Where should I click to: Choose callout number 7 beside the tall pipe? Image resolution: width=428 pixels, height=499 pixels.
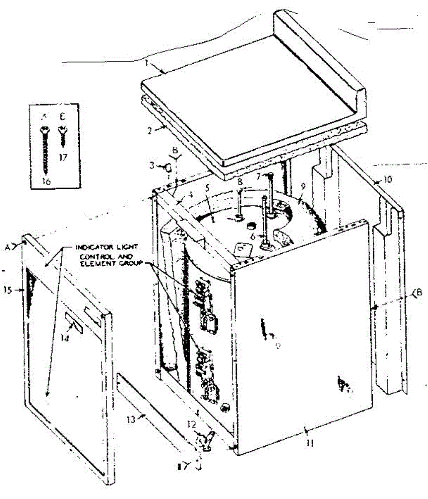tap(259, 177)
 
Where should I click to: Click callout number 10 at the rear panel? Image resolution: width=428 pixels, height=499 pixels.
tap(387, 180)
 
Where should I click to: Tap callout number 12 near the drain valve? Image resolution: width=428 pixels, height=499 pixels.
tap(191, 425)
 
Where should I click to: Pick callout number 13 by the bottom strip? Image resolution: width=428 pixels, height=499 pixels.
tap(131, 420)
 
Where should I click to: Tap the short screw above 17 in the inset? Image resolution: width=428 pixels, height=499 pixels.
tap(63, 136)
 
